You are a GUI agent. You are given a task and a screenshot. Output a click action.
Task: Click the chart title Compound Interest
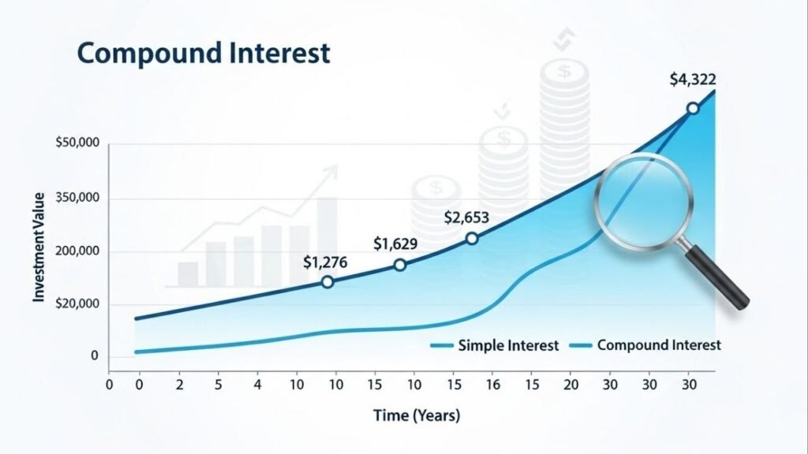(x=204, y=53)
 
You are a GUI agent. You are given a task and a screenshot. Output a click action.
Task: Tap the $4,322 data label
(x=693, y=80)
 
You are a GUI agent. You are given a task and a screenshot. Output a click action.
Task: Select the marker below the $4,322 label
(x=693, y=109)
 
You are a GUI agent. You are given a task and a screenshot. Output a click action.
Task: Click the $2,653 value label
(x=466, y=218)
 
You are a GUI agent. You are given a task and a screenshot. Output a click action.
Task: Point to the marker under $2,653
(x=472, y=239)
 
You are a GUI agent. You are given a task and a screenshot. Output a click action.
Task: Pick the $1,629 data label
(x=396, y=244)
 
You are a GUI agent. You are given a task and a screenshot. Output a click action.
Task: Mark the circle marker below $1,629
(x=400, y=265)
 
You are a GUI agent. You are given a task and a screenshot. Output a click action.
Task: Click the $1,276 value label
(x=325, y=263)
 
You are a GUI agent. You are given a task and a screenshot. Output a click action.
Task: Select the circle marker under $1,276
(x=327, y=282)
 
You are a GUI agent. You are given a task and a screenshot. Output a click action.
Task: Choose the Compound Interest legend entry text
(x=659, y=345)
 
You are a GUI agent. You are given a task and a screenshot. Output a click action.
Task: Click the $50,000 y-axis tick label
(x=77, y=143)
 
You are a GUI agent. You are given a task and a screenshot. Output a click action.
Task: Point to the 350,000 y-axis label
(x=77, y=198)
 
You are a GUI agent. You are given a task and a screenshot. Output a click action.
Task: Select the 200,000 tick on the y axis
(x=77, y=251)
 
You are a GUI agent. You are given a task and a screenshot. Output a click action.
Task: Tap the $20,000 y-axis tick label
(x=77, y=303)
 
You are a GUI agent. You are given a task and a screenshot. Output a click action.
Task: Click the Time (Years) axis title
(x=417, y=415)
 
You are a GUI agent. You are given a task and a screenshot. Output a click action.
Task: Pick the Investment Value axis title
(x=39, y=247)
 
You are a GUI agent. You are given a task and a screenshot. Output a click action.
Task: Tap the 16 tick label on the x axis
(x=492, y=385)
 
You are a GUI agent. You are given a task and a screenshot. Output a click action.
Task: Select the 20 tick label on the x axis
(x=571, y=385)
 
